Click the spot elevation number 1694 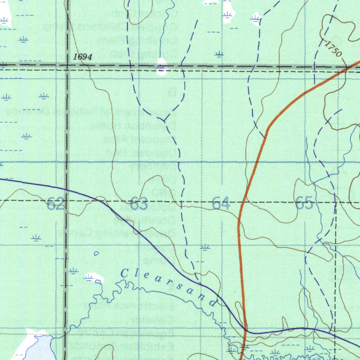[83, 57]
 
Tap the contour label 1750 [333, 49]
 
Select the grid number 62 [55, 204]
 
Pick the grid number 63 [139, 204]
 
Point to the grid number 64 [221, 204]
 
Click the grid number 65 [304, 203]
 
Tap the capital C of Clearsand [124, 273]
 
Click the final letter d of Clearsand [213, 302]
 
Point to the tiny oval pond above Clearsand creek [96, 253]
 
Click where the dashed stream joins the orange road [265, 136]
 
